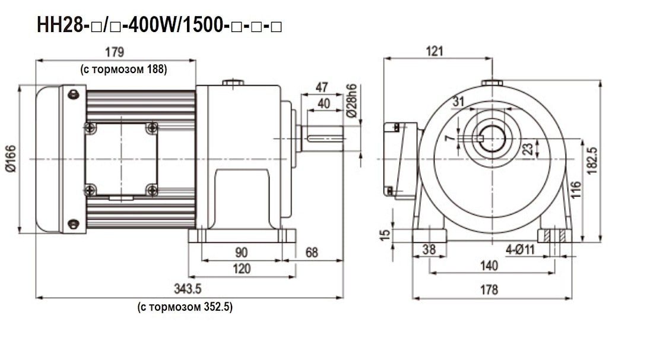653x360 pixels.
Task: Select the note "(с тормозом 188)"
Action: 123,70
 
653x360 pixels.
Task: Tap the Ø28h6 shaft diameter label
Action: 352,101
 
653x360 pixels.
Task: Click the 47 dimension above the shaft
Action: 322,87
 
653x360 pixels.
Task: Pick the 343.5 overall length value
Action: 188,289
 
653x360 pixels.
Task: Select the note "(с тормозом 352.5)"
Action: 185,307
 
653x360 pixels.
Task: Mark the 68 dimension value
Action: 311,252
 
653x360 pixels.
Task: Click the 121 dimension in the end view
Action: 435,51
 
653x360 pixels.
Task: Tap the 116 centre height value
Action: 575,191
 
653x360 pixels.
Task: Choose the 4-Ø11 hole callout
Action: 521,250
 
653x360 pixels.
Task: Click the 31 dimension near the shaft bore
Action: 458,102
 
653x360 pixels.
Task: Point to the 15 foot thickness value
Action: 385,236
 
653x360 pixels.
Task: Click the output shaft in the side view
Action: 324,138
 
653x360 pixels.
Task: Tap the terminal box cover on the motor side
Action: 121,159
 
